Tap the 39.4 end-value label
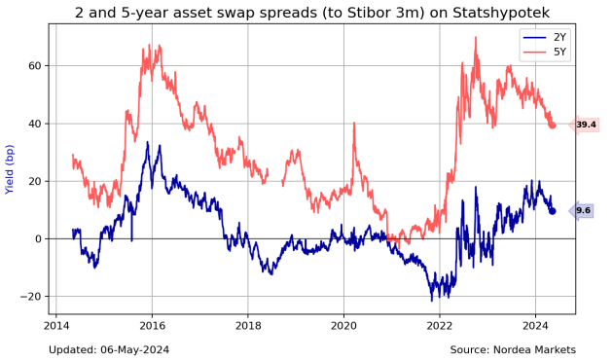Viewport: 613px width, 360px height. point(585,125)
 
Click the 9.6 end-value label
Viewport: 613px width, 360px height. point(583,210)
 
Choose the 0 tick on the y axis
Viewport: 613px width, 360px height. point(36,238)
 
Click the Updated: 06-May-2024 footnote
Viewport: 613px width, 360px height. point(110,349)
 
